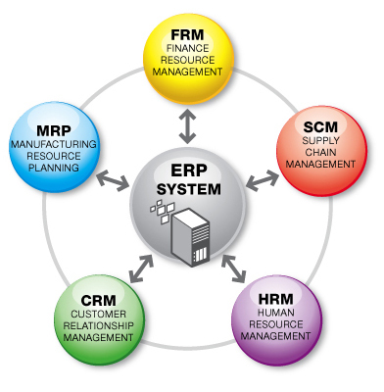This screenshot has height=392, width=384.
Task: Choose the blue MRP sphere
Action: [x=56, y=148]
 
